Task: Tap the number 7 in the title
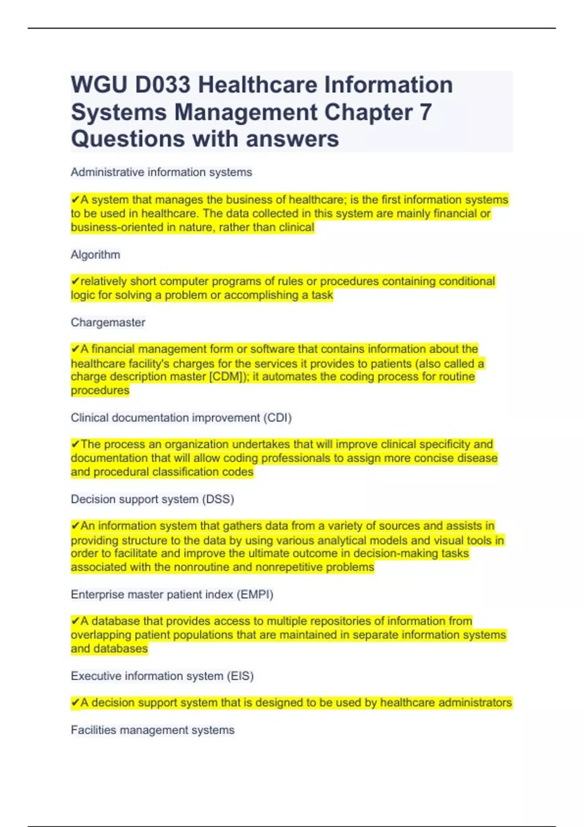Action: coord(425,112)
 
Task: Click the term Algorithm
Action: coord(95,255)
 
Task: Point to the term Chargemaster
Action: coord(108,323)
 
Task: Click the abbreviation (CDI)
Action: coord(277,418)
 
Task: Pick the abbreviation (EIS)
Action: coord(240,676)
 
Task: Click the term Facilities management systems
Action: coord(152,730)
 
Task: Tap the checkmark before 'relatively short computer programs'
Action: coord(75,282)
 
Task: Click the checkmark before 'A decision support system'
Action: coord(75,703)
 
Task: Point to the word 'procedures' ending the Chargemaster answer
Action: coord(100,391)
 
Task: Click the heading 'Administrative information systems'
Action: coord(161,172)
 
